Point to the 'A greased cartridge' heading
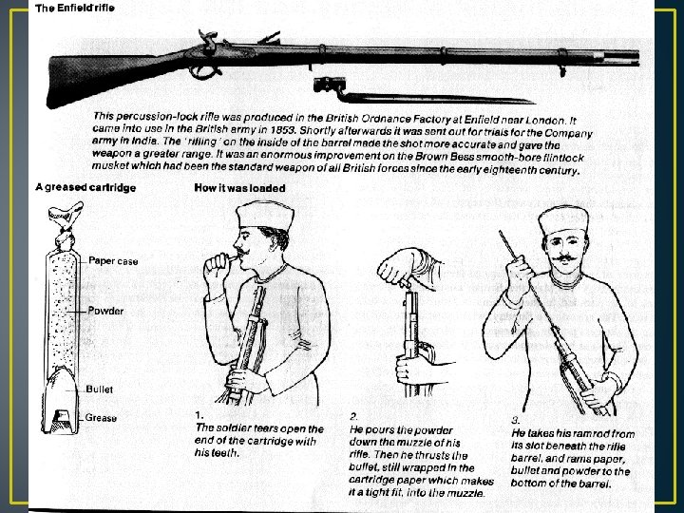click(85, 187)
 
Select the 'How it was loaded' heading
click(239, 188)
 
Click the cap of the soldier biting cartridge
click(266, 214)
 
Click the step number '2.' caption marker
click(353, 416)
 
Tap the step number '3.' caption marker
click(516, 419)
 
